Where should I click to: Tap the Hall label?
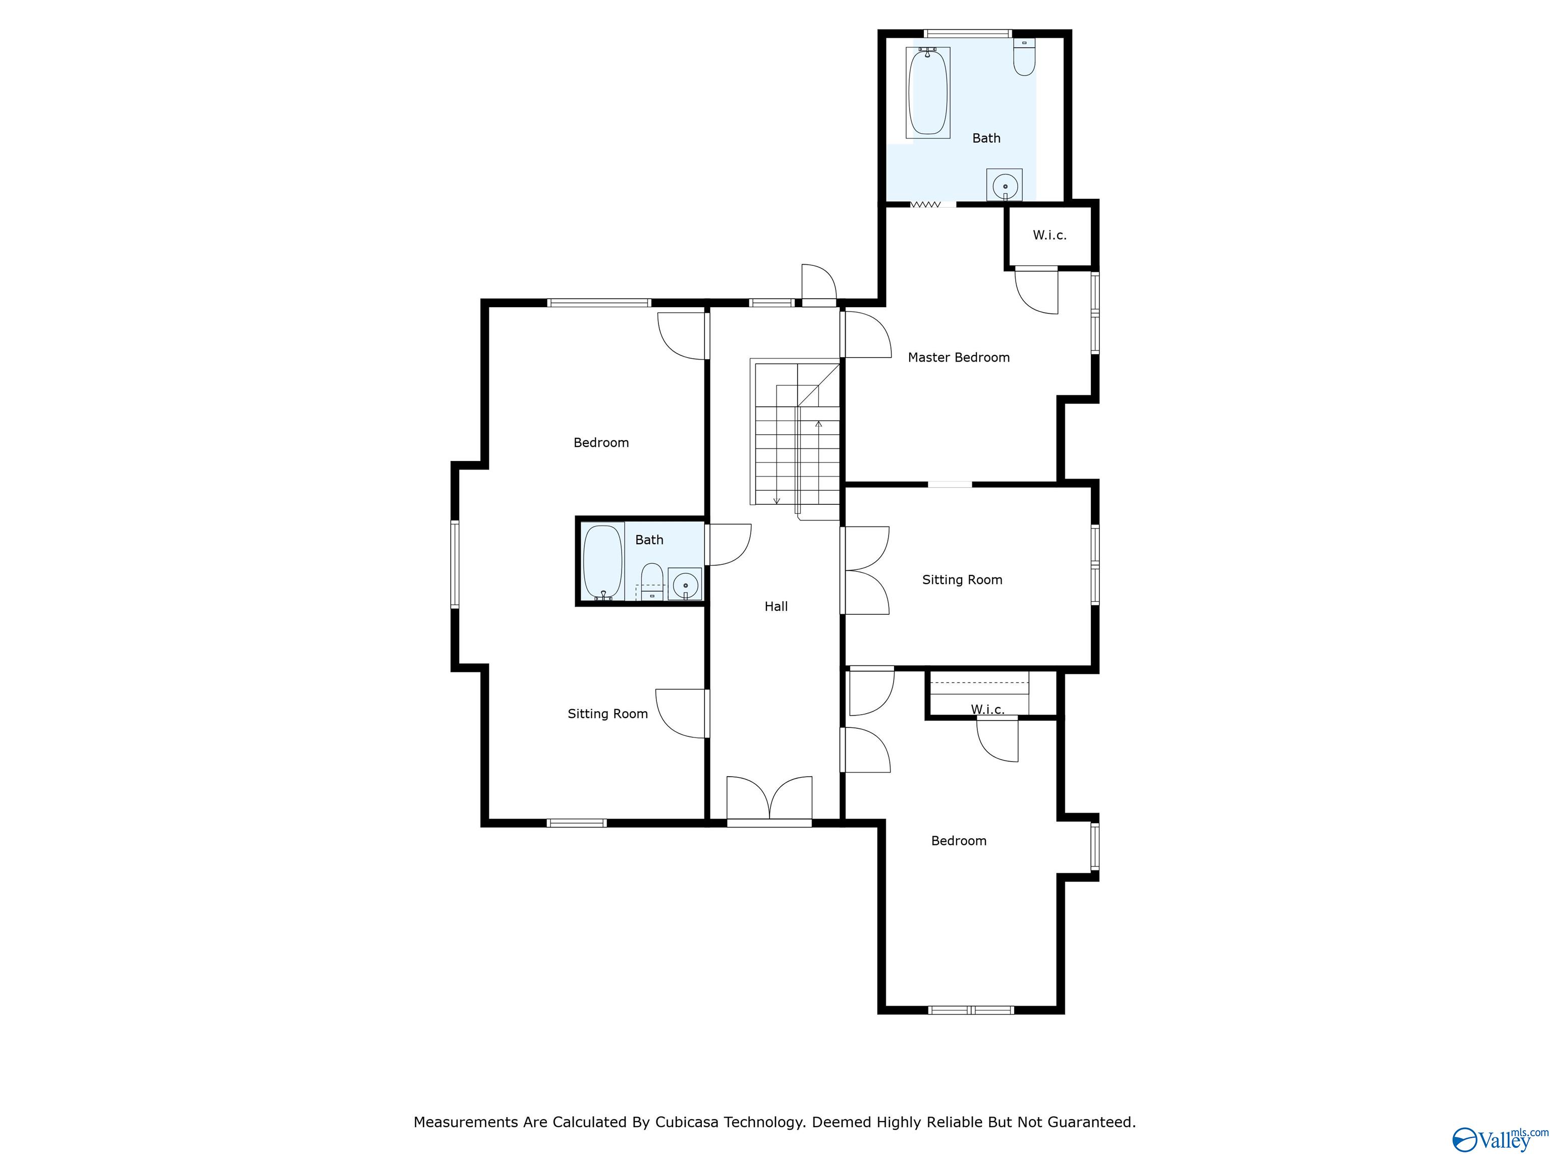(x=776, y=607)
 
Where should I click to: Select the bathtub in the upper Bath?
(x=928, y=92)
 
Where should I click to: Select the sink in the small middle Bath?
(x=685, y=584)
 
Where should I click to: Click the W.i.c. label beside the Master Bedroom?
(x=1049, y=236)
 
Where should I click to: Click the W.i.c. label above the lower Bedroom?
(x=987, y=710)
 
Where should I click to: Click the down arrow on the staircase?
(x=777, y=499)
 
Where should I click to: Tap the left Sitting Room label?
(x=607, y=714)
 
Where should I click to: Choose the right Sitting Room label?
(x=961, y=580)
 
